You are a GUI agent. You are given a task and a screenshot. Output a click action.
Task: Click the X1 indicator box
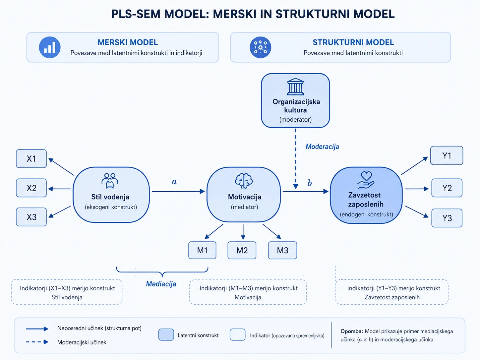31,159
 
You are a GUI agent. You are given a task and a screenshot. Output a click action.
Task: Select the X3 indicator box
31,217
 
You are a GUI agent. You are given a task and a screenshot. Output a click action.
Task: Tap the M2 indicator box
242,250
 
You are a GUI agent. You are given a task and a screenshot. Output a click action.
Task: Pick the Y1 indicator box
447,155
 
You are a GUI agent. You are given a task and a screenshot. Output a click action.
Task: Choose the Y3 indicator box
447,218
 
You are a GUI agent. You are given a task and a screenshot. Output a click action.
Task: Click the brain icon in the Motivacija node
244,181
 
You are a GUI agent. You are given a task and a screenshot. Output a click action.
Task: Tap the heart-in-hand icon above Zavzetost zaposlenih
366,180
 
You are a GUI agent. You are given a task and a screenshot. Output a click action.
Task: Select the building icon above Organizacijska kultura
295,87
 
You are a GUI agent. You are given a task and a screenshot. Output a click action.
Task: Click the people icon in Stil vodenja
110,181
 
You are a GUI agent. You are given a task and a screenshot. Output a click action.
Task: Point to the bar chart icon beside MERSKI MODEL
50,47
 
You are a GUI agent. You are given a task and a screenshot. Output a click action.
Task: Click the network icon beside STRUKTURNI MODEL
260,47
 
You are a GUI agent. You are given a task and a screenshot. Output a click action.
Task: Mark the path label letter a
174,182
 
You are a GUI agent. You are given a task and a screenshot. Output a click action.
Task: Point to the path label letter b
310,183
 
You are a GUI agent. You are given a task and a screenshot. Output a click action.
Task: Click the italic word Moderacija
322,147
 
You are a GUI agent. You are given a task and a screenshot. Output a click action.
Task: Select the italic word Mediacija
161,284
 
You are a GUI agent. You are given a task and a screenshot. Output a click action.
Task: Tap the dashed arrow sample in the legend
37,342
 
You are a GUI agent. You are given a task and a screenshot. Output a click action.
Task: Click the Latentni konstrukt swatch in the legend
166,335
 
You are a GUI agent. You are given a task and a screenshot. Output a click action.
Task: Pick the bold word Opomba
352,331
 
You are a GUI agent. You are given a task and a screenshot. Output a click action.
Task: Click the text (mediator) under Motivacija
245,207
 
